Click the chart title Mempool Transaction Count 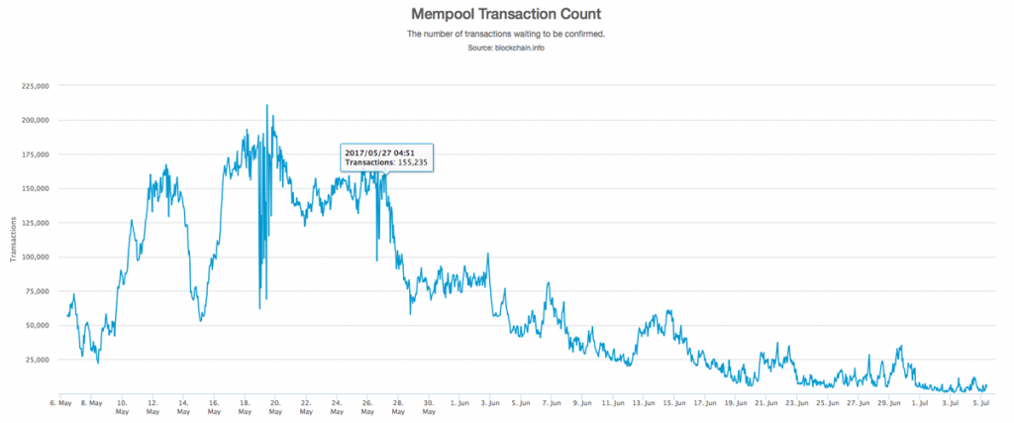coord(506,15)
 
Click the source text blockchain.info coord(506,48)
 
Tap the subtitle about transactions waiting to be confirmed coord(506,34)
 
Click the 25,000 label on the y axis coord(37,360)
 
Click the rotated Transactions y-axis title coord(12,239)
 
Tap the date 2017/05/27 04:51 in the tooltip coord(376,152)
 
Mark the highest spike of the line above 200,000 coord(267,105)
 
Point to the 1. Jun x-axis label coord(459,403)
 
